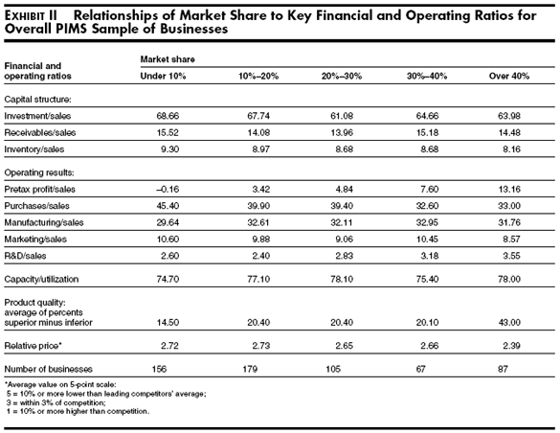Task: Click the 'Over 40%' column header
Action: [x=509, y=76]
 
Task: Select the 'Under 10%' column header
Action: [x=163, y=76]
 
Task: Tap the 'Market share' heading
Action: [x=168, y=59]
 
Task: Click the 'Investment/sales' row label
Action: [x=37, y=116]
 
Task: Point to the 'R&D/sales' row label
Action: [x=25, y=256]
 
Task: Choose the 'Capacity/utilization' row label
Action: [x=41, y=279]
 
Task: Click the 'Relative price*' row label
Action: [x=34, y=346]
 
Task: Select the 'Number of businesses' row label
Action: [x=48, y=369]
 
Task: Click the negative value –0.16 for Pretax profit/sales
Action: [x=168, y=190]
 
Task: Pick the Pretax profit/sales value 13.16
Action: [x=509, y=190]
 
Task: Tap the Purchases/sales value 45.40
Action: [x=168, y=206]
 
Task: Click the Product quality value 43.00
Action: [x=509, y=323]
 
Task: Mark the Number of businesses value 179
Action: [x=250, y=369]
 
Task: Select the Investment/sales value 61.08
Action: [x=342, y=116]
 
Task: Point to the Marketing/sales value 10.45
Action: [x=427, y=239]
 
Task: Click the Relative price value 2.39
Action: [x=511, y=346]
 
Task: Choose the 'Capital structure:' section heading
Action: [x=38, y=100]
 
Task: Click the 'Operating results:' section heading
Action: [x=39, y=173]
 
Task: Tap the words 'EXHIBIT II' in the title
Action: [x=31, y=16]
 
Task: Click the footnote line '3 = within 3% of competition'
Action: [x=57, y=402]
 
